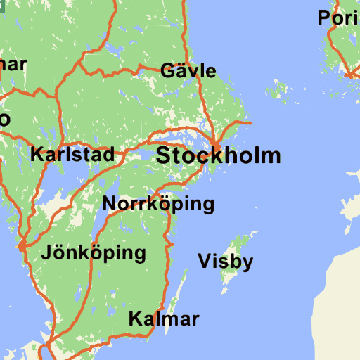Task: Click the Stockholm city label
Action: click(218, 155)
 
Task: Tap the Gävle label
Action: click(188, 71)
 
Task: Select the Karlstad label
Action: click(72, 155)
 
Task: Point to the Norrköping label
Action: click(158, 205)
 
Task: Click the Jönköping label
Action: click(94, 252)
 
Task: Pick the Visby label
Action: click(225, 262)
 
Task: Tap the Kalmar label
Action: click(164, 319)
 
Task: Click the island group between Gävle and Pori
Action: click(281, 90)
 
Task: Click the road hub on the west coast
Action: click(24, 246)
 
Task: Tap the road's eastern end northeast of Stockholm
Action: click(250, 124)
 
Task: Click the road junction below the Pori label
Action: click(349, 73)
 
